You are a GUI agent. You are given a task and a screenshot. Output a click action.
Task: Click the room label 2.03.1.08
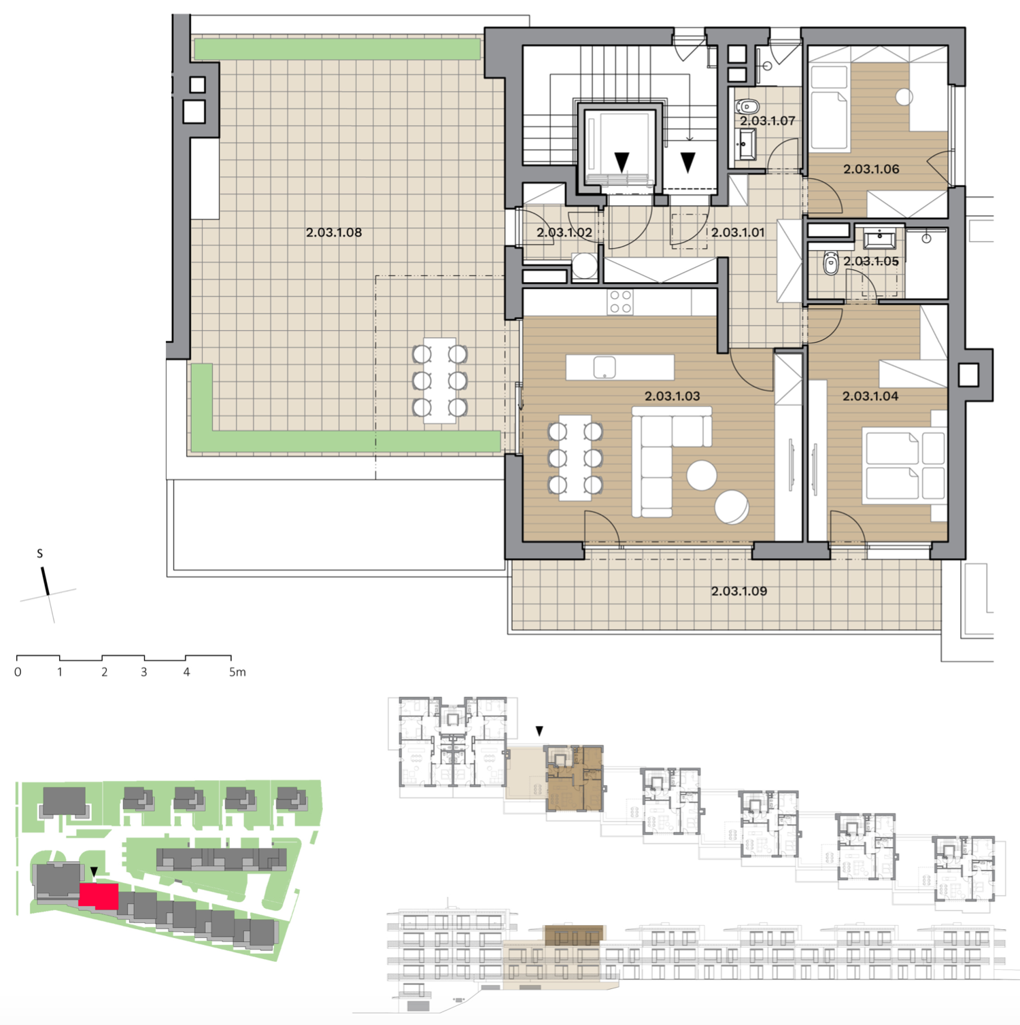[x=334, y=232]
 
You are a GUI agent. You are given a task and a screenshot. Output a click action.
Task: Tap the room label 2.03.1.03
[x=672, y=396]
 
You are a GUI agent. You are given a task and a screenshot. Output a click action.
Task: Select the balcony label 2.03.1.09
[x=739, y=591]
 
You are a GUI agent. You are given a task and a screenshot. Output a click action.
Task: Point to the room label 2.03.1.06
[x=871, y=169]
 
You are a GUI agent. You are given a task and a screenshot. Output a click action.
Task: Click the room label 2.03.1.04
[x=870, y=396]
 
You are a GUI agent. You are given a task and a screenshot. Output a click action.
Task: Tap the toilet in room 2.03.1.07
[x=747, y=107]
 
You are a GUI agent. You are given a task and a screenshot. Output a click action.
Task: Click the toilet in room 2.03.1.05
[x=830, y=264]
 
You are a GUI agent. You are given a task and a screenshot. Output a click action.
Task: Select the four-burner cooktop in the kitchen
[x=620, y=302]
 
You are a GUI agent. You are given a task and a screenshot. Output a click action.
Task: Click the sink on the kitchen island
[x=605, y=368]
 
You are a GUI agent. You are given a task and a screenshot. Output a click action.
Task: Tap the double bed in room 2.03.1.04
[x=904, y=466]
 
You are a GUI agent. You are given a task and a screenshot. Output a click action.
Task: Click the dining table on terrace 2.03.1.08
[x=440, y=381]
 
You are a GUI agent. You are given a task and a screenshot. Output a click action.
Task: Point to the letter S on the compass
[x=40, y=554]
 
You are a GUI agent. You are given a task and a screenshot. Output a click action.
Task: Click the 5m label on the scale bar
[x=237, y=672]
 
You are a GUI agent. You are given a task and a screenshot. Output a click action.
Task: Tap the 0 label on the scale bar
[x=18, y=672]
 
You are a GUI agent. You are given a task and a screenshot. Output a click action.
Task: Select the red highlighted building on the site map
[x=99, y=896]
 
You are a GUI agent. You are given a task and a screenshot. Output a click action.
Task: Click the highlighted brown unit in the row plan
[x=574, y=778]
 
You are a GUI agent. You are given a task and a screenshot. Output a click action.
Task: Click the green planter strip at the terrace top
[x=337, y=49]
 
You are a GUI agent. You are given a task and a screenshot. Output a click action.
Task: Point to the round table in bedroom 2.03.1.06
[x=904, y=97]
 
